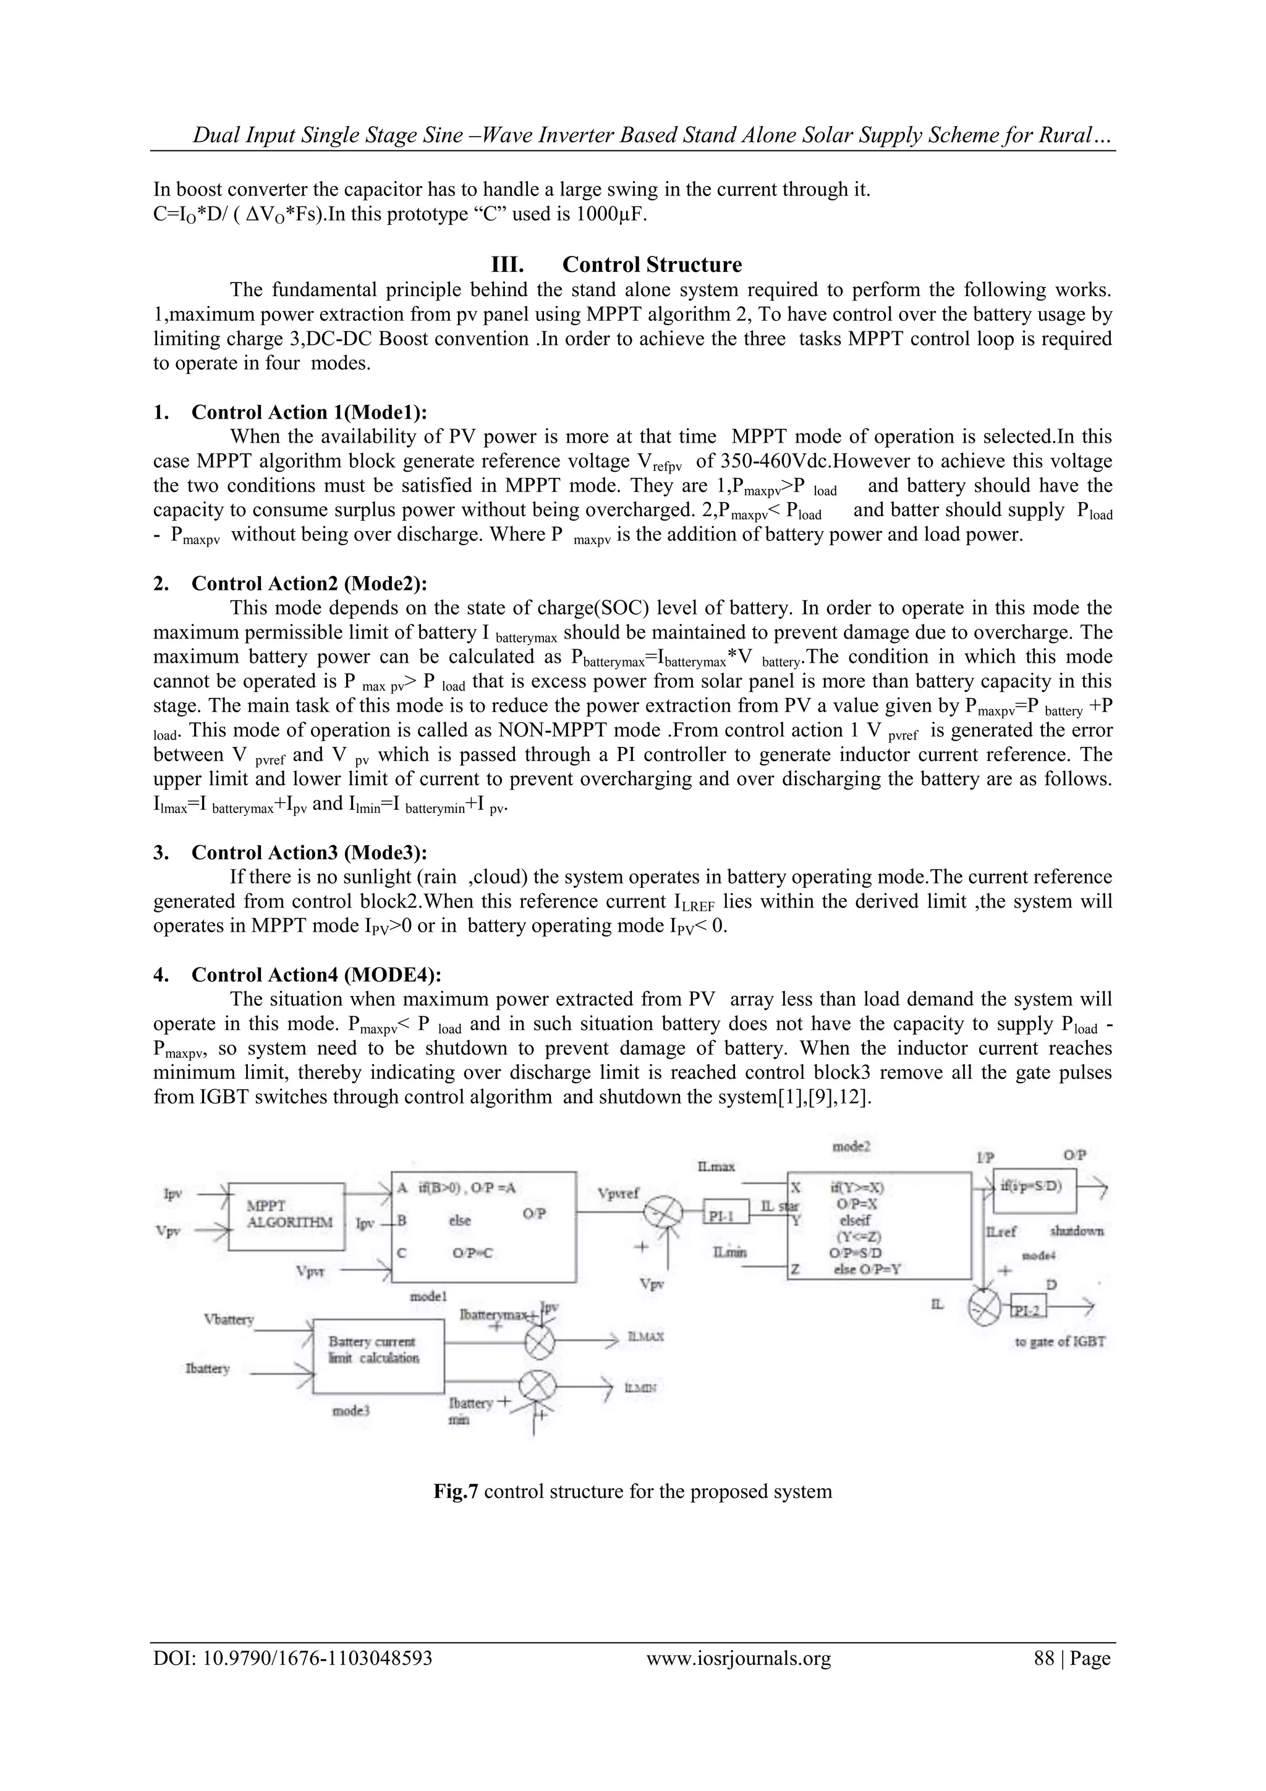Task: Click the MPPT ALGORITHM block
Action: coord(289,1215)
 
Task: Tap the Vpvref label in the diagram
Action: coord(618,1193)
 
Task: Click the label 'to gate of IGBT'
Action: coord(1060,1342)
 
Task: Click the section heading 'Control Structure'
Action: coord(652,265)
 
